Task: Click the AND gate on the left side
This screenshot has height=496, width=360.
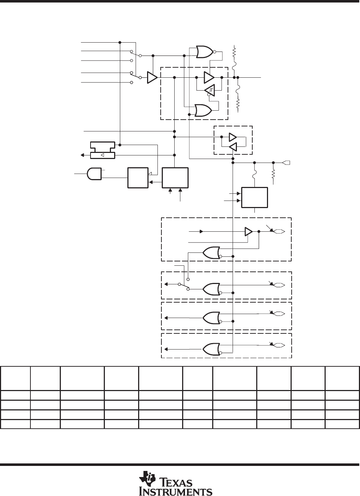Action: coord(94,174)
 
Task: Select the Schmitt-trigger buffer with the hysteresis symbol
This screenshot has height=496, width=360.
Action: coord(210,90)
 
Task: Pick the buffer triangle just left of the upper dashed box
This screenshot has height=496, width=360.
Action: coord(152,77)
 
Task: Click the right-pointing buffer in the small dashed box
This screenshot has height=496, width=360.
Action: coord(233,137)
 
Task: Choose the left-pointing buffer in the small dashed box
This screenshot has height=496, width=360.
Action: coord(233,146)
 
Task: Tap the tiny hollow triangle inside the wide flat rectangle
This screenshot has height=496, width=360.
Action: coord(102,155)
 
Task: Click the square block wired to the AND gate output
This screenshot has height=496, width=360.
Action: coord(138,178)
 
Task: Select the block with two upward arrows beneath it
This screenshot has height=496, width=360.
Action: coord(175,178)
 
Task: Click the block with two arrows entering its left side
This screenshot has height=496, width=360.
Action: coord(254,198)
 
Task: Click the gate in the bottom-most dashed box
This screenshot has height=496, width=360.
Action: coord(212,350)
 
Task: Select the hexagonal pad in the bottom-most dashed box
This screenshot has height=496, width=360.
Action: coord(279,345)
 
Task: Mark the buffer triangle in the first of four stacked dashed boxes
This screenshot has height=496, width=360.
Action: coord(249,232)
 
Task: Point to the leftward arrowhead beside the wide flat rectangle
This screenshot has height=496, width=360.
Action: coord(82,155)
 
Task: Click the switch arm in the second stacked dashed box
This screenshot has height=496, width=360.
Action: coord(184,286)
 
